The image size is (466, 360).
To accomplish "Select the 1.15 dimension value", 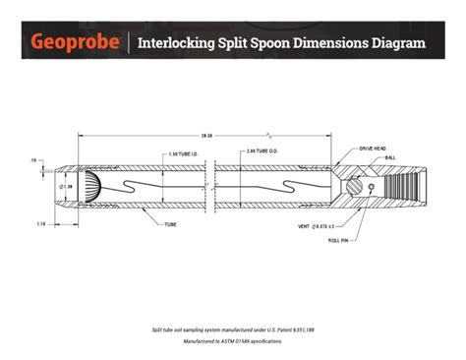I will point(40,223).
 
